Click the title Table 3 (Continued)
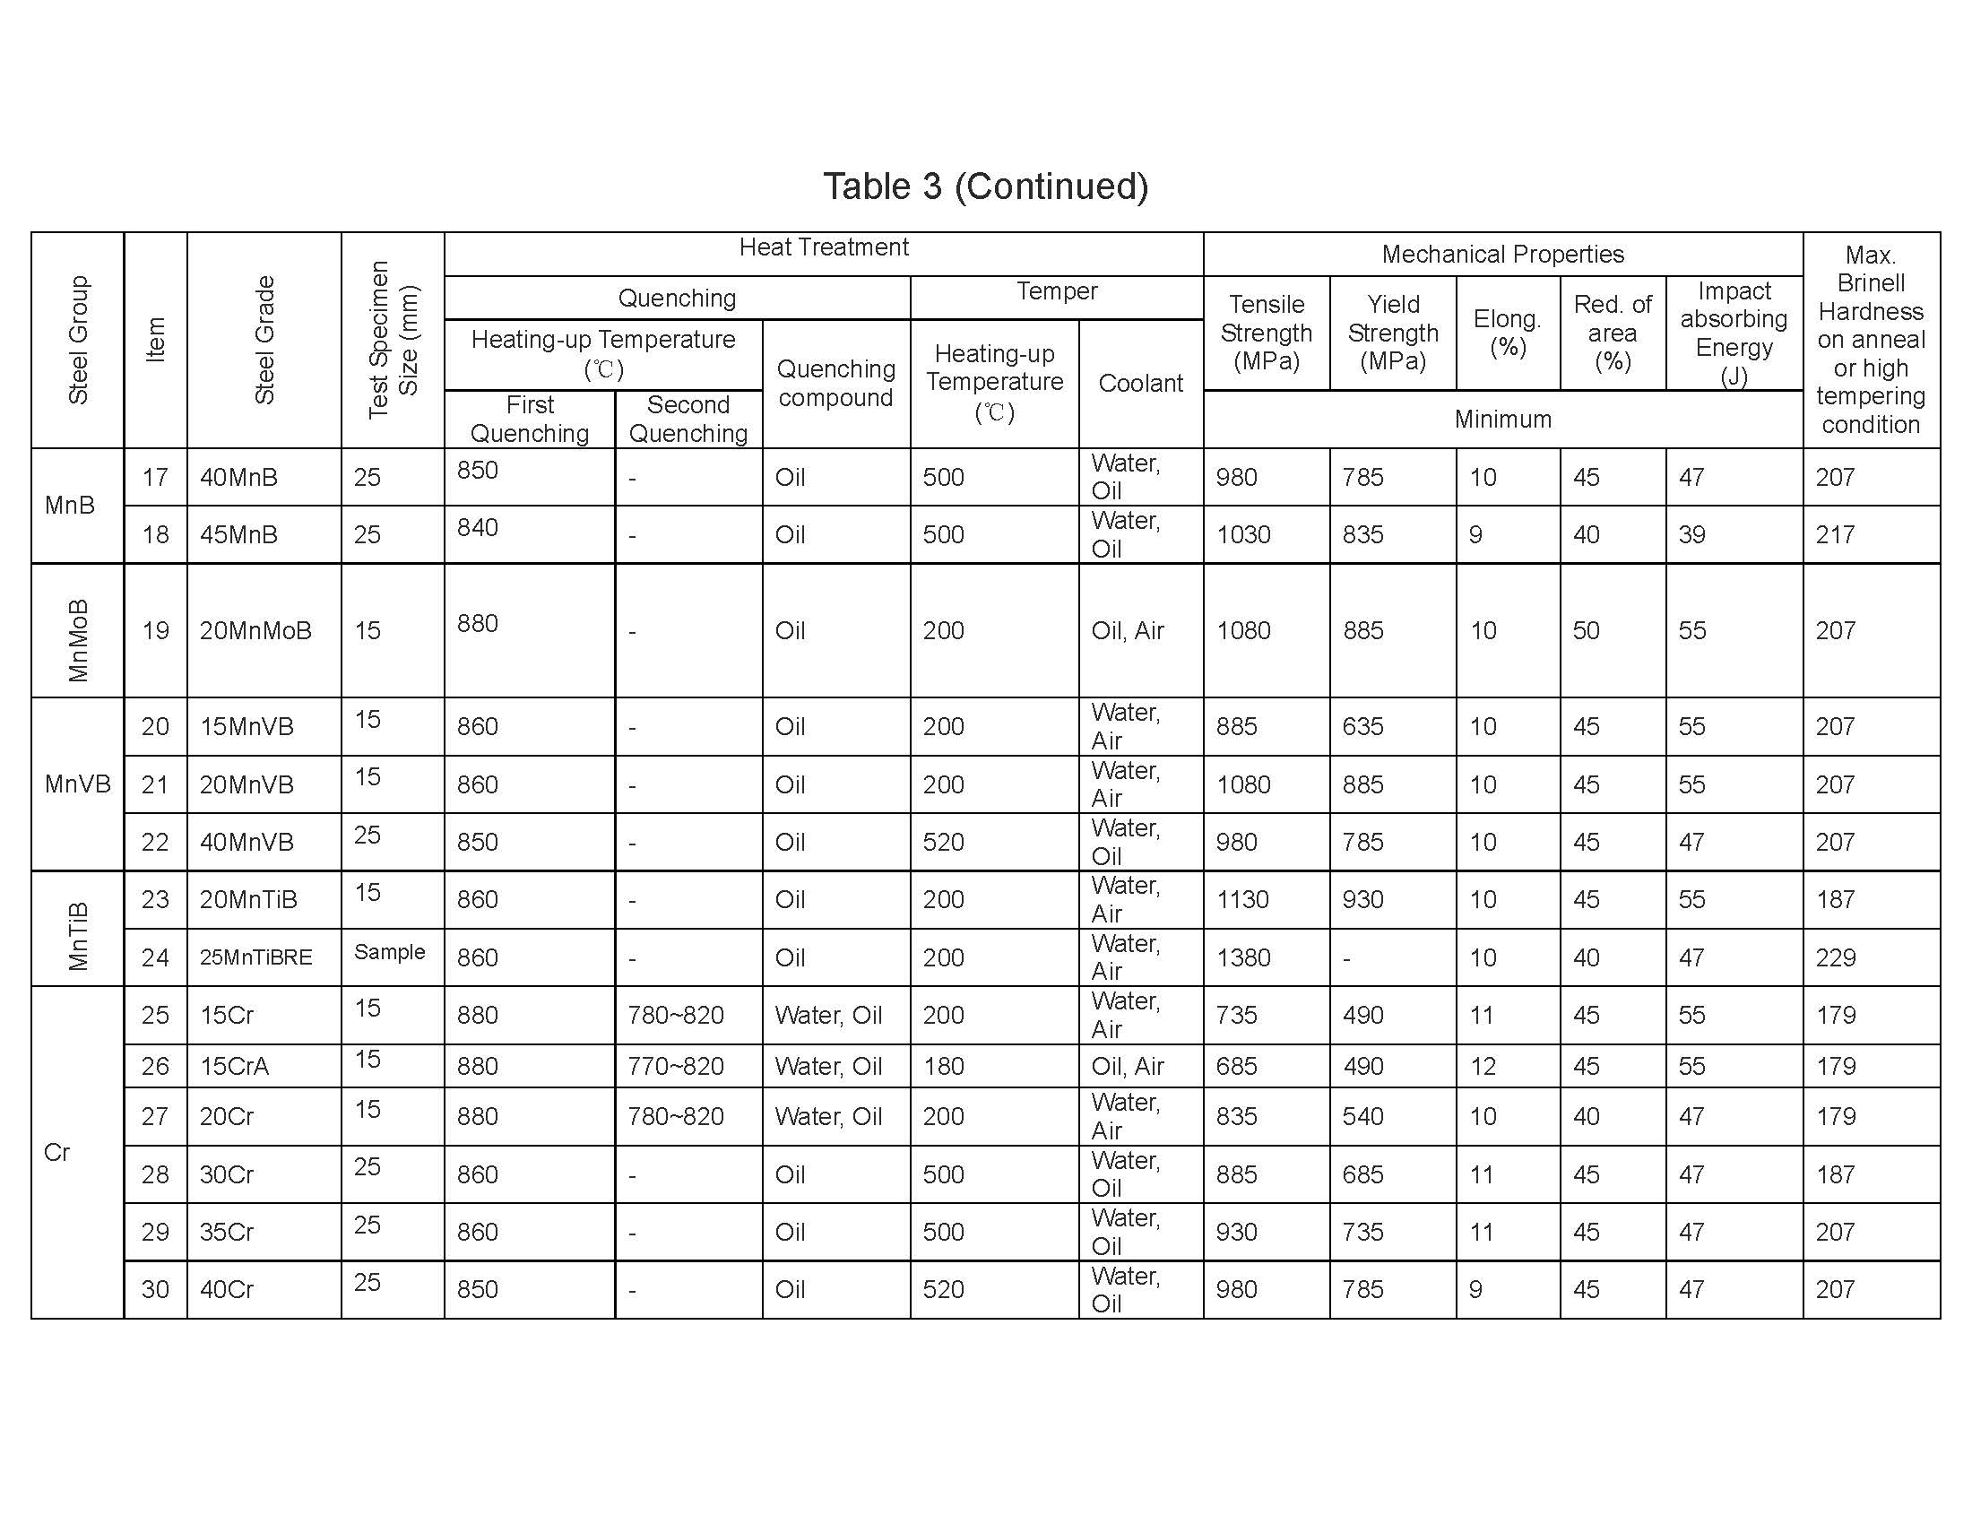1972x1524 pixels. coord(985,186)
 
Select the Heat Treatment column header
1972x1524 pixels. coord(824,247)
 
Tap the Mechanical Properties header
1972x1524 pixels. coord(1502,255)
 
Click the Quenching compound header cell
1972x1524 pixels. coord(836,383)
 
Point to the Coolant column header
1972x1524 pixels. coord(1140,383)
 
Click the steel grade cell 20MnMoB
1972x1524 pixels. coord(255,630)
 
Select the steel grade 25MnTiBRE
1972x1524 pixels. coord(255,957)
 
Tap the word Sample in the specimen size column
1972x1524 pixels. coord(389,951)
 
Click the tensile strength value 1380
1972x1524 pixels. coord(1243,957)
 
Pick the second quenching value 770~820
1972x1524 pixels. coord(675,1066)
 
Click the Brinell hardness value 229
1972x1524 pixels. coord(1836,957)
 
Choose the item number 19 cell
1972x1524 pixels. coord(155,630)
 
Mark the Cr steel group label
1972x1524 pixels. coord(56,1152)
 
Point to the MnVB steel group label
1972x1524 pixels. coord(78,784)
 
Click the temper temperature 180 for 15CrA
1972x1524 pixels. coord(944,1066)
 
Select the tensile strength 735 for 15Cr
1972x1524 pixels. coord(1236,1015)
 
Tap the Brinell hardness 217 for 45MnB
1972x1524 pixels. coord(1836,534)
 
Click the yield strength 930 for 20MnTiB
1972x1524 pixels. coord(1362,899)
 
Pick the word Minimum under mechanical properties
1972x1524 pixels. coord(1502,419)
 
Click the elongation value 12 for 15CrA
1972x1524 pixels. coord(1482,1066)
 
